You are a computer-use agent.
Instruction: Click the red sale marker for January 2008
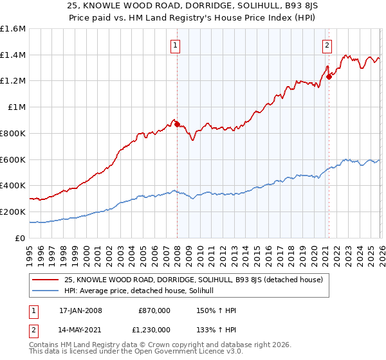[x=177, y=124]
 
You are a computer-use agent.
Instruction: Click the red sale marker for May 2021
[x=329, y=77]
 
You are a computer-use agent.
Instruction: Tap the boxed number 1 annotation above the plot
[x=176, y=45]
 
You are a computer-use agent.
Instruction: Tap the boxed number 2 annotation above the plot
[x=327, y=45]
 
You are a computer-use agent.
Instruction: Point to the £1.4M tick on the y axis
[x=13, y=55]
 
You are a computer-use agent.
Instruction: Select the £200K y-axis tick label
[x=13, y=212]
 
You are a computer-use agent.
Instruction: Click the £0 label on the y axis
[x=21, y=238]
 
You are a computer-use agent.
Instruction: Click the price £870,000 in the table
[x=154, y=310]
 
